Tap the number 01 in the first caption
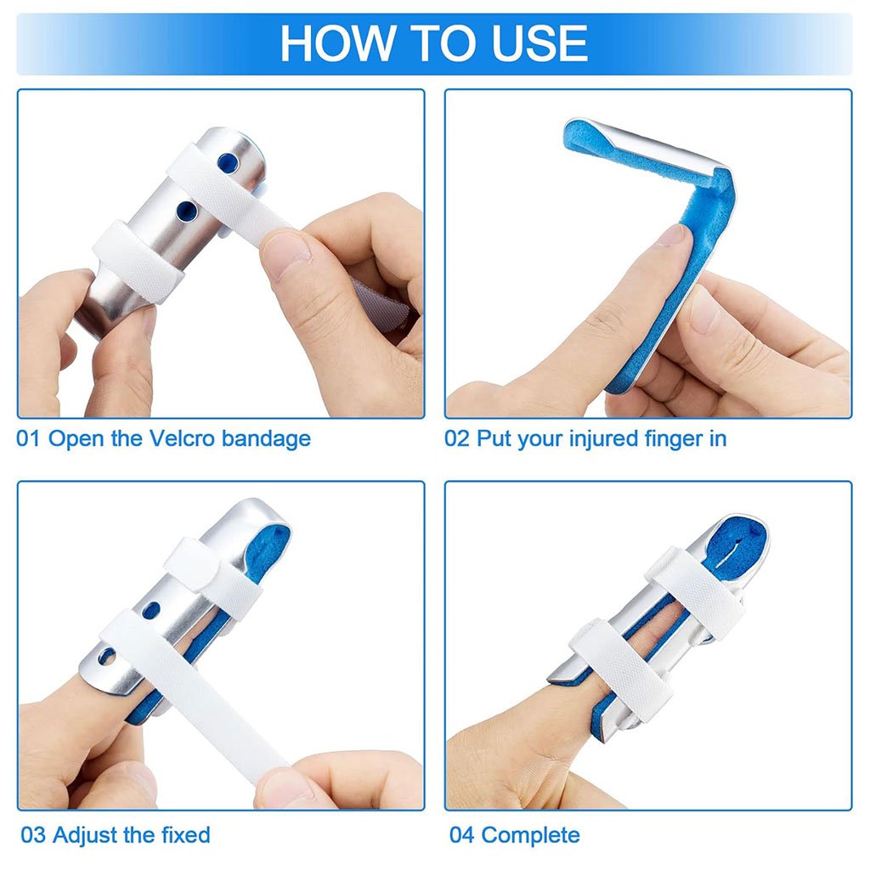click(29, 439)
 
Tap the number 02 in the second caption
click(457, 439)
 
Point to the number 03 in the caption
click(33, 834)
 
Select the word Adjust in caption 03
click(85, 834)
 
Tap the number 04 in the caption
click(462, 834)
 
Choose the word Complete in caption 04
click(530, 834)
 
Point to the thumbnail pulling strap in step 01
click(286, 252)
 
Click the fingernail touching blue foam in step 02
click(674, 235)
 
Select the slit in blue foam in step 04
click(731, 544)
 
